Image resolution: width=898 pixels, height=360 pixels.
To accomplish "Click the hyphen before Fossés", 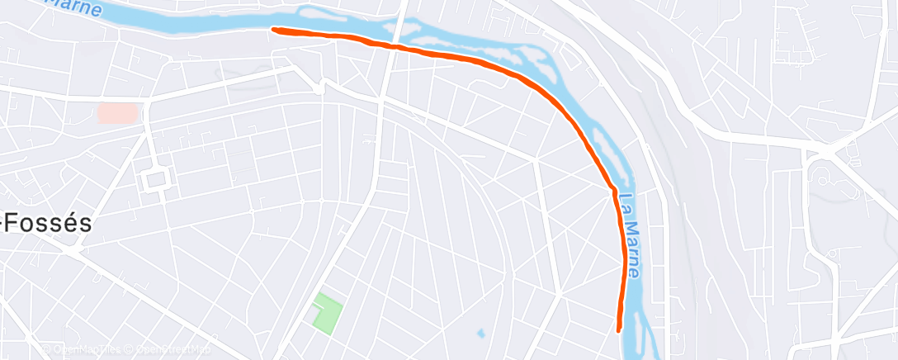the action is (x=5, y=225).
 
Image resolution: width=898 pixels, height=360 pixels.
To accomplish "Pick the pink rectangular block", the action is (x=119, y=113).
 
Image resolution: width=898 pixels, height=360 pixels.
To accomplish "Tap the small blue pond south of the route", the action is (x=480, y=334).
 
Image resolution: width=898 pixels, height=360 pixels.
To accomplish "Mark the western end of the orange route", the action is (x=275, y=31).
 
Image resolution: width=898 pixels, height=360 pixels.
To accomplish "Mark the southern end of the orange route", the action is (x=619, y=329).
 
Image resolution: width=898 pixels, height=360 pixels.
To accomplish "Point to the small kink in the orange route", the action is (x=613, y=191).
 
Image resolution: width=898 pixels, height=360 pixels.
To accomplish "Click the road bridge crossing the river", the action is (x=397, y=37).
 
